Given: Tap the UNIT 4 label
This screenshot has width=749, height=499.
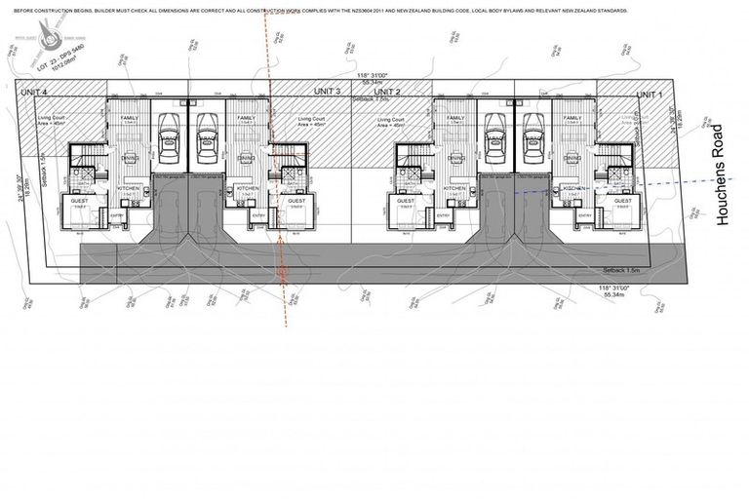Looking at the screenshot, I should [36, 93].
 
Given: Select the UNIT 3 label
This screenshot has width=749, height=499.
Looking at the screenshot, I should [327, 91].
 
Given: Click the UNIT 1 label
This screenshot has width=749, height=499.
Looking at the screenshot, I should [649, 94].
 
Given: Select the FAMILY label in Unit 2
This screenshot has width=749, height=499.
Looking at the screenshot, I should [456, 118].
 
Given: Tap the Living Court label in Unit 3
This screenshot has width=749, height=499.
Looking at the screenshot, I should [312, 120].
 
